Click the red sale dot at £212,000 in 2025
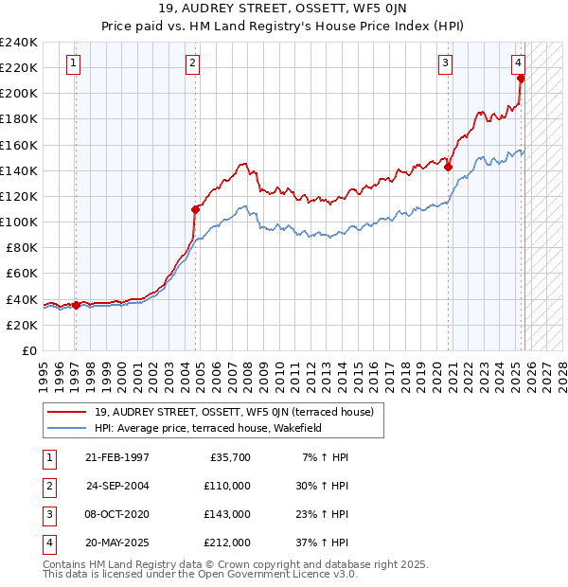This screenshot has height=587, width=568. [521, 79]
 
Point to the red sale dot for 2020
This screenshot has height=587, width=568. [449, 168]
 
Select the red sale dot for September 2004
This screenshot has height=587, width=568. [196, 209]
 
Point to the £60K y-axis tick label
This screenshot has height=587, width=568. [22, 273]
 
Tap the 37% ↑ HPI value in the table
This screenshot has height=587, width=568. [323, 543]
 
